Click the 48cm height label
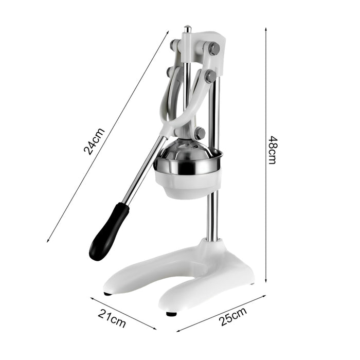coord(273,150)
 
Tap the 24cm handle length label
coord(94,141)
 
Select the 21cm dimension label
coord(112,318)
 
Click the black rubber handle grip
coord(109,231)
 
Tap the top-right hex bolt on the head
coord(214,49)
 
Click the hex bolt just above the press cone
coord(200,133)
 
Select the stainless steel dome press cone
coord(186,150)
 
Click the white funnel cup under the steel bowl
coord(188,184)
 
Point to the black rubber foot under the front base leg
coord(171,314)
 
